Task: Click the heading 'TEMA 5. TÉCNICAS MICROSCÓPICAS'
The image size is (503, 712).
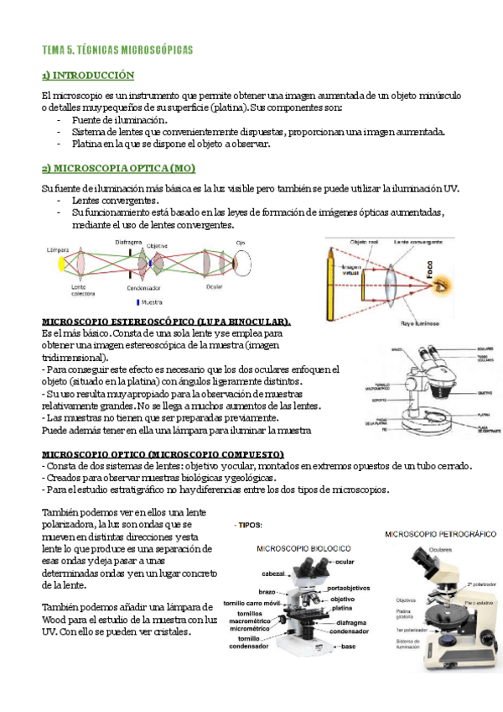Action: (117, 50)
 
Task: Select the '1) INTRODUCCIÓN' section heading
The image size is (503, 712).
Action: (88, 76)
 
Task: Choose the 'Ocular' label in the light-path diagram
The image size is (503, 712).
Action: (215, 286)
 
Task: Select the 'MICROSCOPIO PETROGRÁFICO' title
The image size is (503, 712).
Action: (441, 533)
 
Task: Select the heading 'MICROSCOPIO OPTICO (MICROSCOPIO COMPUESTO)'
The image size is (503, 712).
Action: (163, 454)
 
